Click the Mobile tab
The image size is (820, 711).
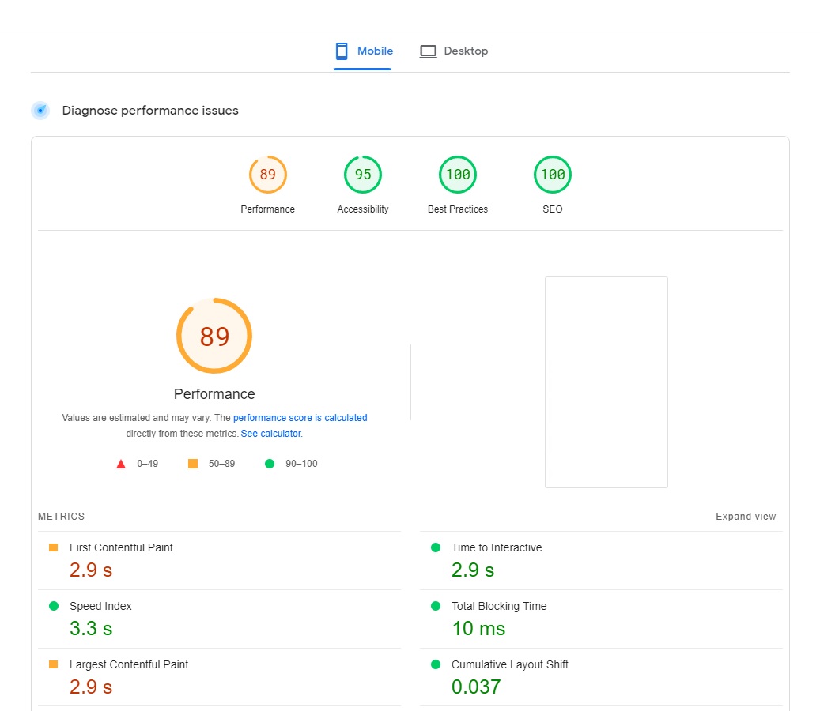coord(364,51)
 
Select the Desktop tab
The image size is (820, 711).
coord(454,51)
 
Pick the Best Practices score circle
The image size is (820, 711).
coord(458,156)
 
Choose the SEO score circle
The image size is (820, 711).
coord(552,156)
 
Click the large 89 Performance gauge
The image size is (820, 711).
coord(214,299)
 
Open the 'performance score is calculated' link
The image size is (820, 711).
coord(300,418)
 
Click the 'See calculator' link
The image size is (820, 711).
coord(271,434)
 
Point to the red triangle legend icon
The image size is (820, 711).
coord(121,464)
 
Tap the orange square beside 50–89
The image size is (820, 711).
coord(193,464)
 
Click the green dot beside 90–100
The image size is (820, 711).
coord(270,464)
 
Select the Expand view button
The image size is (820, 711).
coord(746,516)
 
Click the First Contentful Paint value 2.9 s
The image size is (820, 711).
coord(91,570)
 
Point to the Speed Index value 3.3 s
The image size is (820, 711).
coord(91,629)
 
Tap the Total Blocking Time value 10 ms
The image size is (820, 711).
coord(478,629)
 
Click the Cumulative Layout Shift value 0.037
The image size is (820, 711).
coord(476,687)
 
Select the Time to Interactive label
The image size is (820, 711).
coord(497,547)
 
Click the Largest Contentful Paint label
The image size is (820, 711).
coord(129,664)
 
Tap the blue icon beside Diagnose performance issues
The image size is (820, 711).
coord(40,111)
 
